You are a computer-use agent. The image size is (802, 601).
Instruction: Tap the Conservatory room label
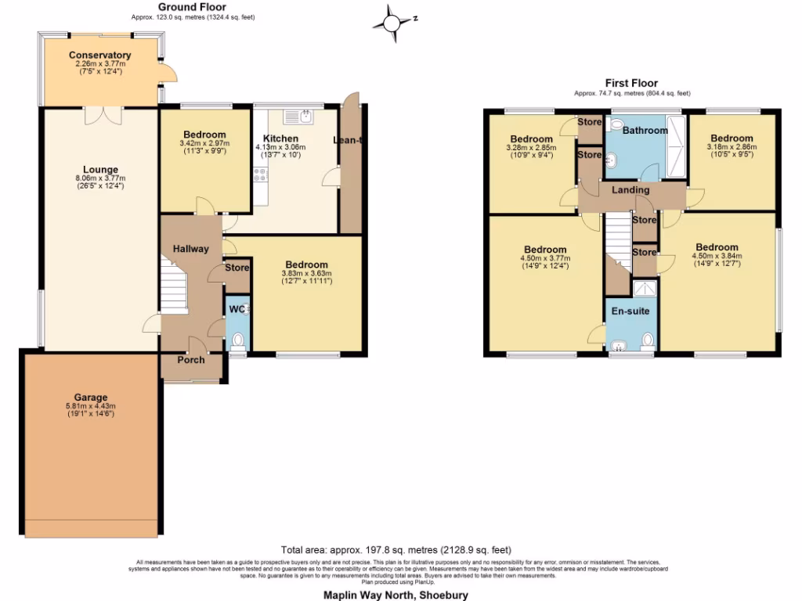coord(99,55)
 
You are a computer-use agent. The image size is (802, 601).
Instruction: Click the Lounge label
coord(100,169)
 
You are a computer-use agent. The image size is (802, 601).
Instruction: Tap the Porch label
coord(190,360)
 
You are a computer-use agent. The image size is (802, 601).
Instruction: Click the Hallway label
coord(190,249)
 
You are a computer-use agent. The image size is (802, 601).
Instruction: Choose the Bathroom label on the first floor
coord(645,130)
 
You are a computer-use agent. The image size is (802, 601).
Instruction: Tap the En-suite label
coord(630,311)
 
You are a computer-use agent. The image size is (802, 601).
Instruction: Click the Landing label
coord(630,190)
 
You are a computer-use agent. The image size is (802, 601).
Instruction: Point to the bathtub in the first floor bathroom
coord(675,149)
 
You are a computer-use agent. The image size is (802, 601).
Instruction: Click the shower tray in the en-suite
coord(644,290)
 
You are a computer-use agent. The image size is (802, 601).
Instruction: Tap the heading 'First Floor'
coord(631,83)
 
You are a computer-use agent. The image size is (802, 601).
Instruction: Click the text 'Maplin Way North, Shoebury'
coord(396,595)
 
